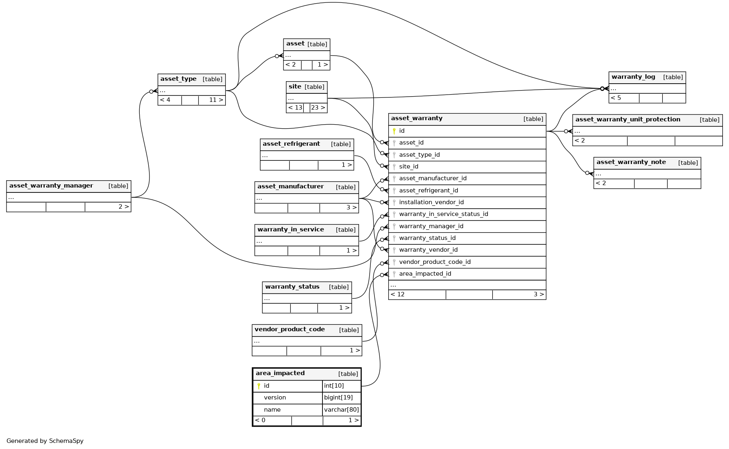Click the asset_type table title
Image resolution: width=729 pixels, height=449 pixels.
coord(178,79)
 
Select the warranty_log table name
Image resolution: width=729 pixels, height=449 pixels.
coord(633,77)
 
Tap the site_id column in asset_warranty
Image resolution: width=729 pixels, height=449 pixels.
coord(409,166)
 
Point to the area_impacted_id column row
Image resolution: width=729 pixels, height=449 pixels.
coord(425,274)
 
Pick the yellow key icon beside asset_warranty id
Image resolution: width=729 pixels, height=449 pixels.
coord(394,131)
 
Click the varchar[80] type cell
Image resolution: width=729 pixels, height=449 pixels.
coord(341,410)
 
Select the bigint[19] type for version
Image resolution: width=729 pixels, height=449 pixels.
coord(338,397)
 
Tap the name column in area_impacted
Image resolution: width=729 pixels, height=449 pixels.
coord(272,410)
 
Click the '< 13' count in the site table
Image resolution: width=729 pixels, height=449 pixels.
coord(295,108)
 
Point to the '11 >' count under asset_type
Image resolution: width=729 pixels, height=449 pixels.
coord(216,100)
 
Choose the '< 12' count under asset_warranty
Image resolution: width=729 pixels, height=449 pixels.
coord(398,294)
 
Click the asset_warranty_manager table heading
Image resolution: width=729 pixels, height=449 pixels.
coord(51,186)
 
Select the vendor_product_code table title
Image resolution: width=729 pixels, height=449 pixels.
coord(290,330)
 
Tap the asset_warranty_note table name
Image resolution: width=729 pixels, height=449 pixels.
coord(631,162)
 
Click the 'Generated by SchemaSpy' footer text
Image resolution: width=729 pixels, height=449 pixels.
coord(45,441)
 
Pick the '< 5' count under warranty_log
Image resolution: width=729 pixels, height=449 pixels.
coord(616,98)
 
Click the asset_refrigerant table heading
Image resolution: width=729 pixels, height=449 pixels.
coord(291,144)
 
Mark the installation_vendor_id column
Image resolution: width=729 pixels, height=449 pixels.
coord(431,202)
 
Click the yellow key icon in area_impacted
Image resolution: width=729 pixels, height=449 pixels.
coord(259,386)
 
